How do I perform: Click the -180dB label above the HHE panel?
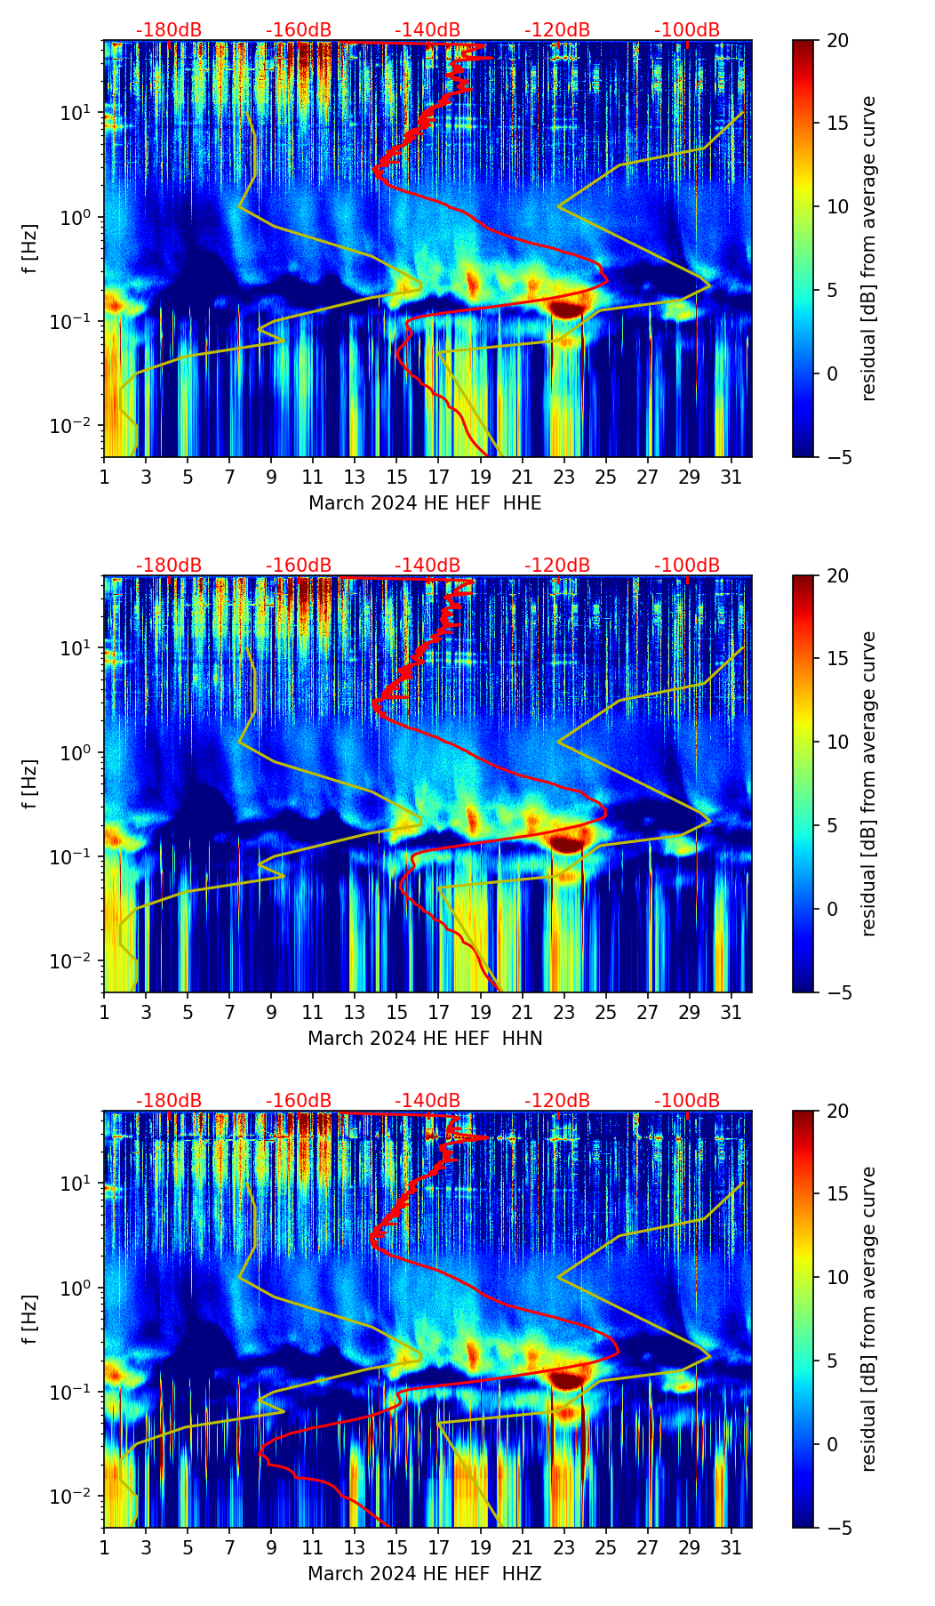(169, 30)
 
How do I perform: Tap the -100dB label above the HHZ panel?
(687, 1101)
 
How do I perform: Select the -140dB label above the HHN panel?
(428, 566)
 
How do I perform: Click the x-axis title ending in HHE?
(425, 503)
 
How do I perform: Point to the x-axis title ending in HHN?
(425, 1039)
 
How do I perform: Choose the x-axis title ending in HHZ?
(425, 1574)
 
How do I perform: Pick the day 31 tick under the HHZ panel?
(731, 1547)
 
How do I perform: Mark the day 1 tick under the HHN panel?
(104, 1012)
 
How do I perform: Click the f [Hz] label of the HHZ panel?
(30, 1320)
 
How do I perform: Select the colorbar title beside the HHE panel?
(868, 248)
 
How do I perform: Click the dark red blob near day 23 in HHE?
(566, 309)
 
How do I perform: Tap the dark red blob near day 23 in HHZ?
(566, 1378)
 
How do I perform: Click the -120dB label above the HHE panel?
(557, 30)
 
